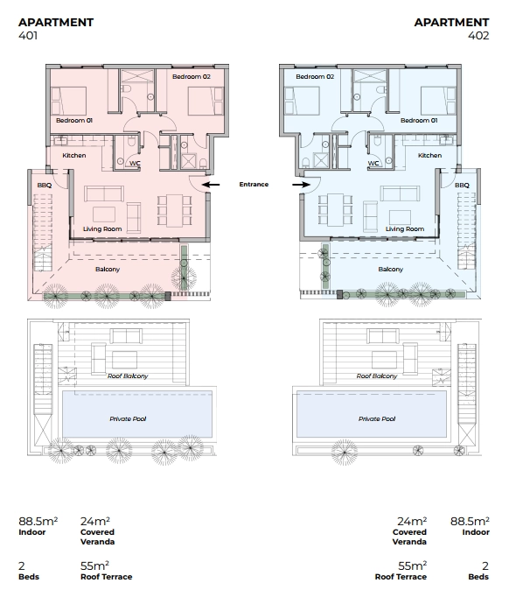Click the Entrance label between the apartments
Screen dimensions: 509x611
(254, 185)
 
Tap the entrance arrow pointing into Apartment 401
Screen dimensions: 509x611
(211, 185)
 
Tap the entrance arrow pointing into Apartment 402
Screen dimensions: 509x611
(301, 185)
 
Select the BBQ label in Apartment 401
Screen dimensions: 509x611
(45, 185)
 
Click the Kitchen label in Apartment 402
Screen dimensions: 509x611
(429, 155)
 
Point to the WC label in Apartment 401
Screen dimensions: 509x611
(135, 164)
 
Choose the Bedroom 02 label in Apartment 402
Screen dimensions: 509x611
(315, 76)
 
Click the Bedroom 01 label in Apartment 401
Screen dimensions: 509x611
(74, 121)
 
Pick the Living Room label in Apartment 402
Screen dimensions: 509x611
(405, 229)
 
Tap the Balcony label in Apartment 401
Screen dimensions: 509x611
(108, 270)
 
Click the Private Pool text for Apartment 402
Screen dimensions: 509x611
(377, 419)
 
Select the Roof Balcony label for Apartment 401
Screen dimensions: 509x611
(128, 376)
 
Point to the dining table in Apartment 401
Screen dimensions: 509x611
(174, 210)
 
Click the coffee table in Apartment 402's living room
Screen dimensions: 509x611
(400, 218)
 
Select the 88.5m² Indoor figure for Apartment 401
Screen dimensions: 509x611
(38, 526)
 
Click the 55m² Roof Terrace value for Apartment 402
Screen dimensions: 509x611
(401, 571)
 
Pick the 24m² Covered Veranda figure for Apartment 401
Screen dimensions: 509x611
(97, 530)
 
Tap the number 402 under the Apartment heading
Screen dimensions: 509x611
(478, 36)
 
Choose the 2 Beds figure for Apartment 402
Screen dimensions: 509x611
(478, 571)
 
